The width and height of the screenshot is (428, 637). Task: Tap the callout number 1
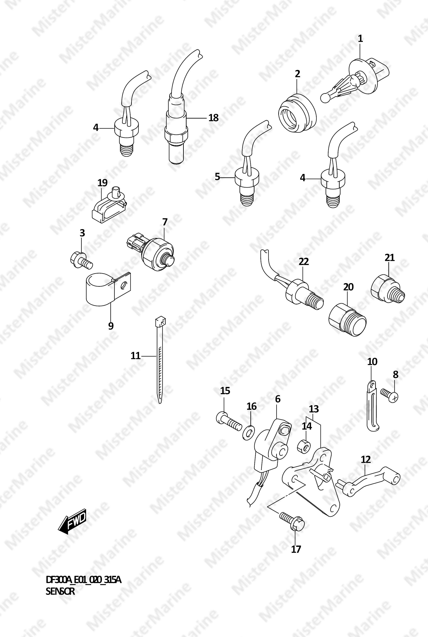pyautogui.click(x=360, y=39)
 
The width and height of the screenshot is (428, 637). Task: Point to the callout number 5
pyautogui.click(x=217, y=177)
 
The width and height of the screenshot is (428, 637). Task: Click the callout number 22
pyautogui.click(x=303, y=262)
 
